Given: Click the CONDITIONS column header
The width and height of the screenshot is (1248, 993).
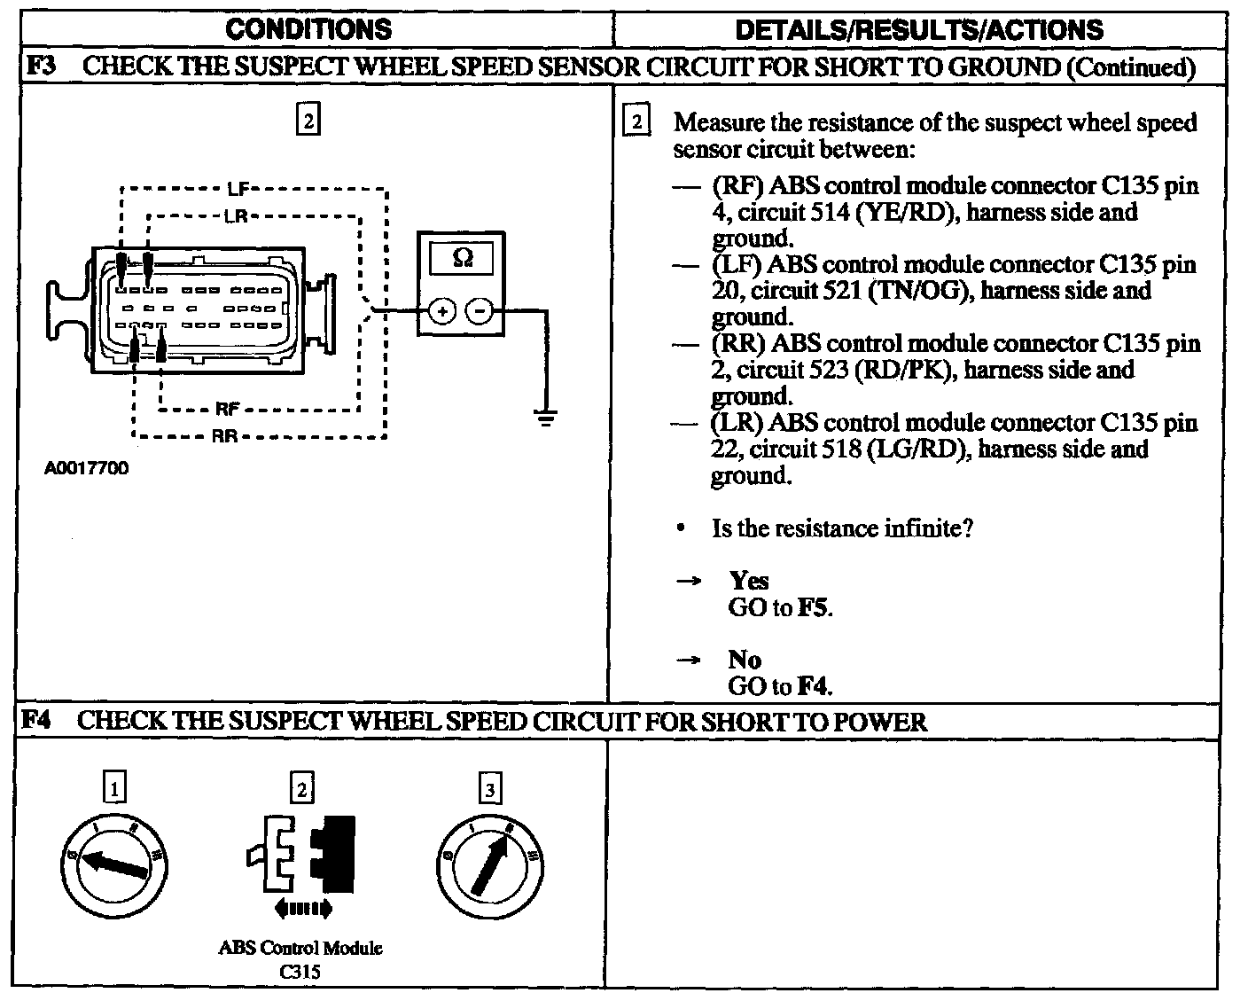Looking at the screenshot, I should click(x=308, y=29).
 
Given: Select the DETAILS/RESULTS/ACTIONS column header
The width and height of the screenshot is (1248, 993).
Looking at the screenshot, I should click(x=920, y=30).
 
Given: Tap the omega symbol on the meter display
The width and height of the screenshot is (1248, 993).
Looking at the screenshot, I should click(x=462, y=258).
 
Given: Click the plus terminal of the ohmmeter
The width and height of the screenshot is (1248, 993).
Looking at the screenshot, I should click(x=442, y=310).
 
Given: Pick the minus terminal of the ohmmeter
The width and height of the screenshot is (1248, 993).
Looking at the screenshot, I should click(x=480, y=310).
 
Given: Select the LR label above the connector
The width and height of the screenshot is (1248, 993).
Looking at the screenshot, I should click(x=235, y=215).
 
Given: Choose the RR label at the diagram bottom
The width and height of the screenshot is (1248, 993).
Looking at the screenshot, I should click(x=223, y=436).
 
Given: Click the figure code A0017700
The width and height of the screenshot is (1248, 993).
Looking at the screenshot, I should click(x=86, y=469).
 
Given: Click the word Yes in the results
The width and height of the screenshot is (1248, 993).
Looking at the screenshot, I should click(x=749, y=581).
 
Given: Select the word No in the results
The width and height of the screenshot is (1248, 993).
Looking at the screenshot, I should click(x=745, y=660).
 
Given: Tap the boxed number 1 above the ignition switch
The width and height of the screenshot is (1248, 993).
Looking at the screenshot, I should click(x=114, y=787).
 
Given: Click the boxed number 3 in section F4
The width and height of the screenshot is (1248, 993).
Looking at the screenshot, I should click(x=488, y=787).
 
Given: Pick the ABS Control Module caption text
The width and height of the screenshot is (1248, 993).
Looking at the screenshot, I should click(x=300, y=948).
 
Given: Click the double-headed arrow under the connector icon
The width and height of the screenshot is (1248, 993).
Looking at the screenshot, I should click(x=303, y=907).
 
